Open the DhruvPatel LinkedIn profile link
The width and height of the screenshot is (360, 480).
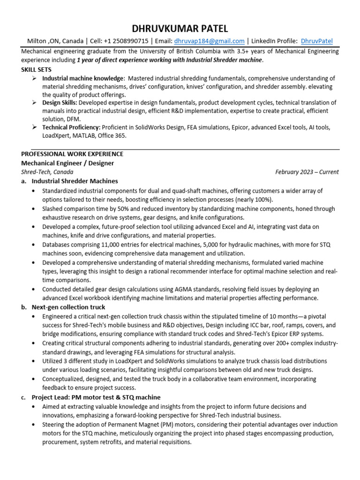pyautogui.click(x=316, y=41)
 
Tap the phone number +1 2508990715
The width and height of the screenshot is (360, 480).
pyautogui.click(x=126, y=41)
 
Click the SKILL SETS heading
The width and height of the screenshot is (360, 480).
pyautogui.click(x=37, y=69)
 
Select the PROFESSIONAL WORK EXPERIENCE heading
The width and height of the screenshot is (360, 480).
pyautogui.click(x=72, y=154)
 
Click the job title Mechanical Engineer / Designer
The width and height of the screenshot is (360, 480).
pyautogui.click(x=67, y=163)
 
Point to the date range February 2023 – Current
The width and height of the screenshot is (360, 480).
pyautogui.click(x=307, y=172)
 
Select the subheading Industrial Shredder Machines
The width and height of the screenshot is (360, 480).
pyautogui.click(x=75, y=181)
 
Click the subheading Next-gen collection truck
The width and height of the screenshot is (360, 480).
pyautogui.click(x=68, y=307)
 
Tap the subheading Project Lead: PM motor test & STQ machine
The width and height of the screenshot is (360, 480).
pyautogui.click(x=96, y=397)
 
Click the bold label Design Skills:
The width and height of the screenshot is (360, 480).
pyautogui.click(x=60, y=103)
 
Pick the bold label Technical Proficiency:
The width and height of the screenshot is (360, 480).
pyautogui.click(x=71, y=127)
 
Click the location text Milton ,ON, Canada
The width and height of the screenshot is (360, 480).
pyautogui.click(x=55, y=41)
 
